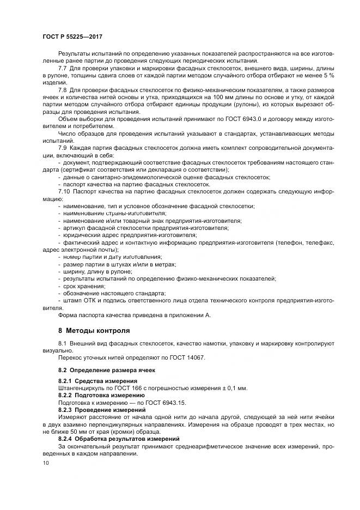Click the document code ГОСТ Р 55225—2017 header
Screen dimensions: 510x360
(x=72, y=36)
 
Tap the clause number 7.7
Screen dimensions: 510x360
(x=63, y=68)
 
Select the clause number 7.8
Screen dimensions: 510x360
(x=63, y=89)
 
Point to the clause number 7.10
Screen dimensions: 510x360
(x=64, y=191)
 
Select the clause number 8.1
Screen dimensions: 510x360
(x=63, y=344)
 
